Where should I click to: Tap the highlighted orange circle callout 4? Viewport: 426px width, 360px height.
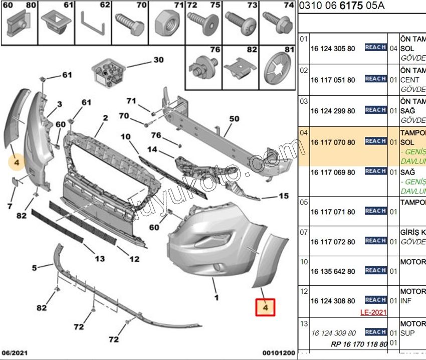point(17,162)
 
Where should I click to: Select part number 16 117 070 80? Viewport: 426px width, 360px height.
point(333,142)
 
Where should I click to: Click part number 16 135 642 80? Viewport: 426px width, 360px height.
point(333,271)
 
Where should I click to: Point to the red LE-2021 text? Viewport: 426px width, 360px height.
point(373,312)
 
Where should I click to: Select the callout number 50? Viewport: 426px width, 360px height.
point(235,119)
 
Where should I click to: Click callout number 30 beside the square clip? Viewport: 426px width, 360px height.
point(158,60)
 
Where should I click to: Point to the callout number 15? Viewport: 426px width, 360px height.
point(284,196)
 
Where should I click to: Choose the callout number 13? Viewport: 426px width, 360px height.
point(100,259)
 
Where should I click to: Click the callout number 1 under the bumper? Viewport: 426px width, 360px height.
point(217,297)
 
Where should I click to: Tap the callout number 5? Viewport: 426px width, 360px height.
point(35,268)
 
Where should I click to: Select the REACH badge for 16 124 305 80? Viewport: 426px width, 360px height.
point(375,47)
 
